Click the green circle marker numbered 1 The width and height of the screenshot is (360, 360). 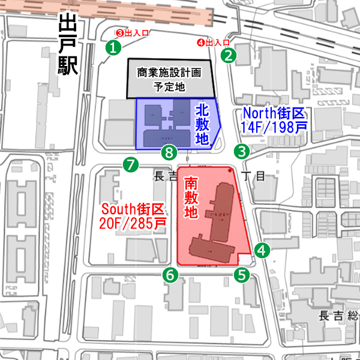click(x=112, y=47)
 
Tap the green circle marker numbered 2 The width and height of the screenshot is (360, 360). click(x=229, y=56)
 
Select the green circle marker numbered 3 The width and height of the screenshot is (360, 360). click(x=241, y=151)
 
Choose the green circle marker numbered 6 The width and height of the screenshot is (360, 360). click(x=171, y=275)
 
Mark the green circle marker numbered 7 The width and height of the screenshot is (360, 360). click(x=130, y=164)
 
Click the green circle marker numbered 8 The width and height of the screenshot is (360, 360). click(x=170, y=152)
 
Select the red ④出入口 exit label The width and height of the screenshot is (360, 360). click(x=214, y=43)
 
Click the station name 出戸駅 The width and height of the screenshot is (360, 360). click(x=68, y=46)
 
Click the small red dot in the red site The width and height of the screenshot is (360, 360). click(x=230, y=172)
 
